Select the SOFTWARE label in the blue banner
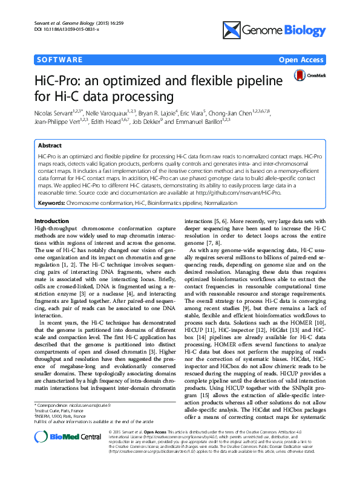pos(59,60)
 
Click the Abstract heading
pos(50,146)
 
